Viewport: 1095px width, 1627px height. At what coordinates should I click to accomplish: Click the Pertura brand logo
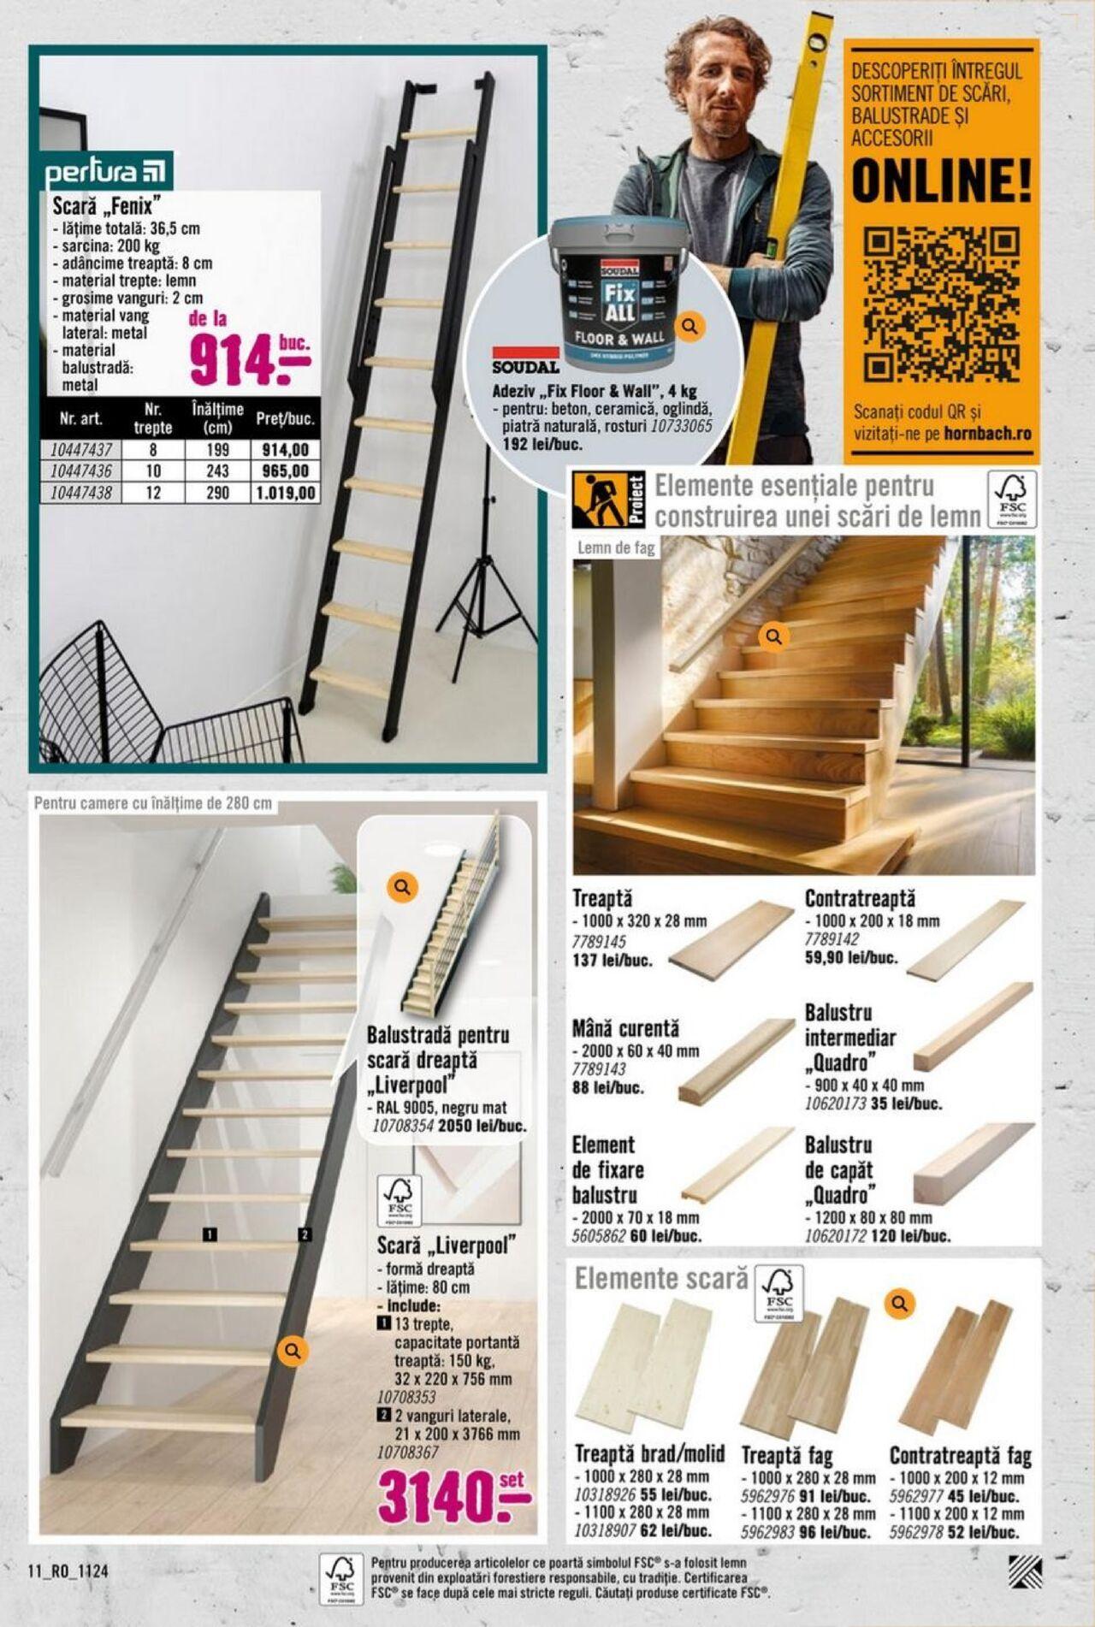tap(107, 172)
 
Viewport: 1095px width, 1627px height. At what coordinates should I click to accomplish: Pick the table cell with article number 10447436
tap(80, 471)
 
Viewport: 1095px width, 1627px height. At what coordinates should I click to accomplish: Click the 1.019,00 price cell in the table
tap(285, 493)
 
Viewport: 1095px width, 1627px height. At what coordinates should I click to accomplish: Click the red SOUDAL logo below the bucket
tap(525, 362)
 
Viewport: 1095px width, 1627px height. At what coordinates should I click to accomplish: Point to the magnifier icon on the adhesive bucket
tap(690, 326)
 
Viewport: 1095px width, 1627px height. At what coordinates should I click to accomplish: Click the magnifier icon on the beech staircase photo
tap(774, 636)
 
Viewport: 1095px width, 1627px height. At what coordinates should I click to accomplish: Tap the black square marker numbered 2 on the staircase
tap(305, 1234)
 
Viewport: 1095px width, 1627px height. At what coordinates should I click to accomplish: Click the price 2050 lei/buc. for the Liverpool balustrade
tap(482, 1127)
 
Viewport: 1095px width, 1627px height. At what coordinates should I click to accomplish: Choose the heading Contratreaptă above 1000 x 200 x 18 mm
tap(859, 899)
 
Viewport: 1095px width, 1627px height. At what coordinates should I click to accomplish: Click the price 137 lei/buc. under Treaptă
tap(612, 960)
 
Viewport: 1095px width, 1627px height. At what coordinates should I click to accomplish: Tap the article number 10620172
tap(835, 1236)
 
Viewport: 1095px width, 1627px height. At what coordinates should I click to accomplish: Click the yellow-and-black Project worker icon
tap(599, 500)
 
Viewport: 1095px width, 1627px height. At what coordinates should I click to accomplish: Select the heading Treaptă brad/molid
tap(649, 1454)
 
